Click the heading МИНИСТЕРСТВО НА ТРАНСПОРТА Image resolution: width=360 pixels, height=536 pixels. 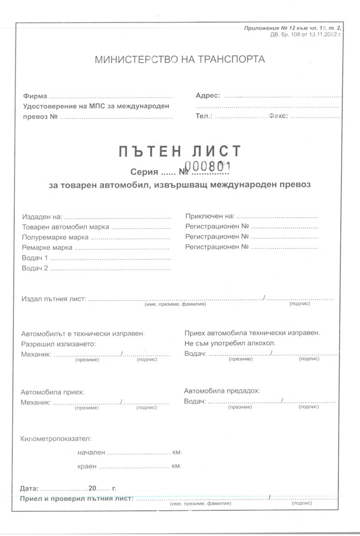(x=179, y=59)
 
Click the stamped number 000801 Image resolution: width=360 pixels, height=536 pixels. (x=207, y=166)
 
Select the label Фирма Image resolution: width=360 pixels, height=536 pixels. (x=35, y=96)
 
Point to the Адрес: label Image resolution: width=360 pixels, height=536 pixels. (x=208, y=95)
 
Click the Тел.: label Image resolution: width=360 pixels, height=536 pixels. (x=204, y=116)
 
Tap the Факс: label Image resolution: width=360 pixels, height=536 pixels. (x=278, y=116)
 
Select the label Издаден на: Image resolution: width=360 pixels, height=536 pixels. (x=42, y=217)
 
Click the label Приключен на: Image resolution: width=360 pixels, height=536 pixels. (x=210, y=216)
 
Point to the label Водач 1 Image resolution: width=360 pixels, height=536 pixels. (x=35, y=258)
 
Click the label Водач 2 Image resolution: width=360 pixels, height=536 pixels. (x=35, y=268)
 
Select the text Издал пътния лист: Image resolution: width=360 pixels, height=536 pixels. (x=54, y=299)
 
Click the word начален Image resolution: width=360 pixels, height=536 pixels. (x=92, y=452)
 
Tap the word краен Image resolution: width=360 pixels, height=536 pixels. (x=88, y=466)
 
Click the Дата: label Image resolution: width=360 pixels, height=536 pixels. (x=29, y=489)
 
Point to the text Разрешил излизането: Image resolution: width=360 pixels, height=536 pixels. (x=58, y=344)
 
